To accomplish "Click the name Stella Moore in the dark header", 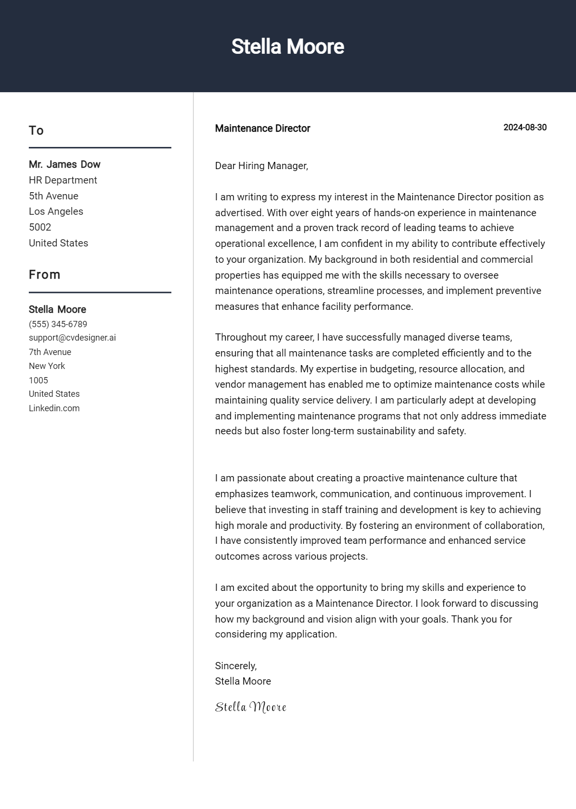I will (288, 47).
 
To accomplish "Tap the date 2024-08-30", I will (525, 127).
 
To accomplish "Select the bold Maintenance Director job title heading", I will (263, 128).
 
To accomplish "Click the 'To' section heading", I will (36, 130).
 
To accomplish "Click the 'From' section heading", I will (45, 274).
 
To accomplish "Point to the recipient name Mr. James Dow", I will (64, 164).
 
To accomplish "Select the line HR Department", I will (63, 180).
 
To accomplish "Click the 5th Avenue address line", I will (53, 196).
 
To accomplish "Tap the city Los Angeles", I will (56, 211).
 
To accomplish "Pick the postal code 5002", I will (40, 227).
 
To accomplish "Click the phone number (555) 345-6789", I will (58, 324).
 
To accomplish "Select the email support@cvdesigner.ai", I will (72, 338).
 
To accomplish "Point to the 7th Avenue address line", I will (50, 352).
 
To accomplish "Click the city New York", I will (47, 366).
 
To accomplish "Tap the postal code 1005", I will (38, 380).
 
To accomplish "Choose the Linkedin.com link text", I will (54, 408).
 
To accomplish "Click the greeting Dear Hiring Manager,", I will (262, 166).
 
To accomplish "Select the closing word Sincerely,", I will (236, 666).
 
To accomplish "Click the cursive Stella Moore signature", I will (251, 707).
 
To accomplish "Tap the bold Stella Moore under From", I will (58, 309).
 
